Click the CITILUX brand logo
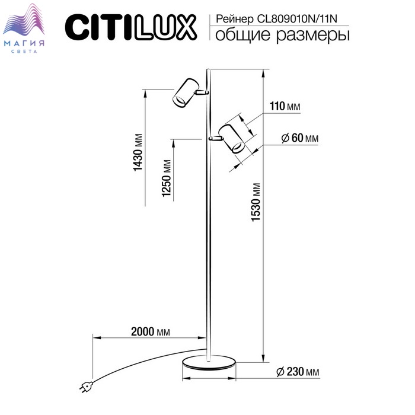pos(131,27)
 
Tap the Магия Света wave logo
pos(24,28)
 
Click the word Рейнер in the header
pos(235,20)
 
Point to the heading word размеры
pos(313,36)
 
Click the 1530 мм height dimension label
pos(256,202)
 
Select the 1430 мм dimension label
pos(138,152)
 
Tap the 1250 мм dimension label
pos(167,178)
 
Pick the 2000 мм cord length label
pos(151,331)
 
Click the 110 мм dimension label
pos(285,106)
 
